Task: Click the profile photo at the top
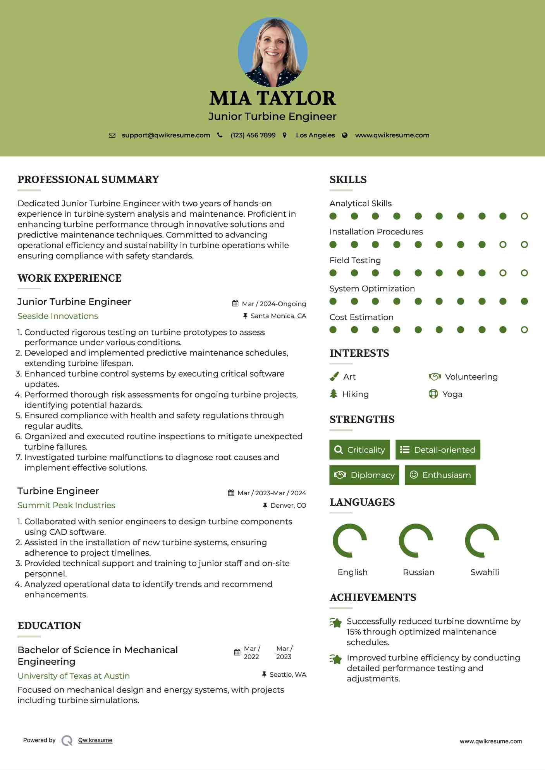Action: coord(272,52)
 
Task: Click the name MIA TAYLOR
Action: coord(272,98)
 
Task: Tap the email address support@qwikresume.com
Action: coord(166,135)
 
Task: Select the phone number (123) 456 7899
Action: coord(253,135)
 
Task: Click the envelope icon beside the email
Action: coord(112,135)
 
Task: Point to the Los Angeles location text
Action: coord(315,135)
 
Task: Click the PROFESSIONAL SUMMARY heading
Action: coord(88,180)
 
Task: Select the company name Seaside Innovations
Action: coord(58,316)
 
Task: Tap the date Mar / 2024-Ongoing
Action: coord(274,304)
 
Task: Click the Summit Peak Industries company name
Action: coord(66,505)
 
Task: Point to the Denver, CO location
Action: coord(288,506)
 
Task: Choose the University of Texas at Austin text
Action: coord(74,676)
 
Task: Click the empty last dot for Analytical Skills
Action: coord(524,216)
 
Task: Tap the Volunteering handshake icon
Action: coord(435,376)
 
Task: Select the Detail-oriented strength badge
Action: coord(438,450)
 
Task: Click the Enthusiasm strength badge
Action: coord(440,475)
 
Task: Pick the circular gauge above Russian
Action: coord(416,541)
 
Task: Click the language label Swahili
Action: coord(485,572)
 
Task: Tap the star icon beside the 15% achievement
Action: coord(336,623)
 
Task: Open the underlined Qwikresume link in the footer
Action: coord(95,740)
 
